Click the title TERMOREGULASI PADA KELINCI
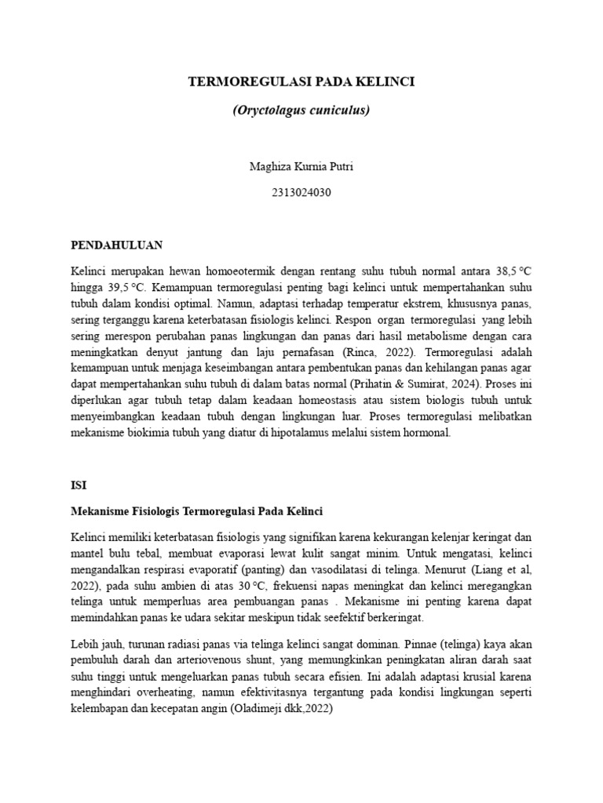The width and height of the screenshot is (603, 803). [301, 82]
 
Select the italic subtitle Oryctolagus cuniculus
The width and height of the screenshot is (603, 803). [301, 111]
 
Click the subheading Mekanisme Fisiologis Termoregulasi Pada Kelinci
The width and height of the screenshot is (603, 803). [196, 511]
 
